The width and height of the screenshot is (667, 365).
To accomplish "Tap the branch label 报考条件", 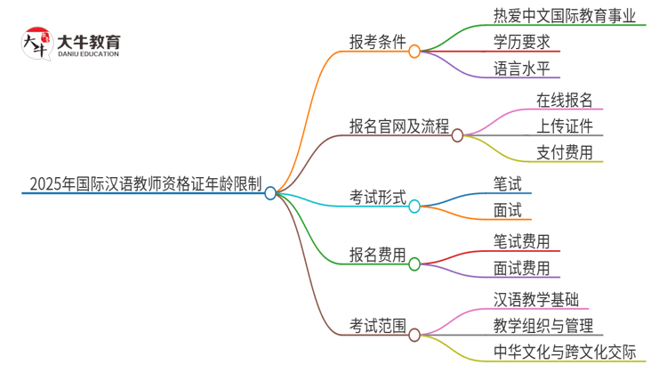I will point(379,42).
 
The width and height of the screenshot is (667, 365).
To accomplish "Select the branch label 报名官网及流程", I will point(399,126).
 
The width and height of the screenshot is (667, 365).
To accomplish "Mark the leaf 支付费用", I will point(565,151).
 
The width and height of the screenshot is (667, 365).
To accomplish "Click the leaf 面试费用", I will point(522,267).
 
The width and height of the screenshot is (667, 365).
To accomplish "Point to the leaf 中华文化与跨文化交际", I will point(565,352).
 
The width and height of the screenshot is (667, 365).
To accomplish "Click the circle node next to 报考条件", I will point(414,52).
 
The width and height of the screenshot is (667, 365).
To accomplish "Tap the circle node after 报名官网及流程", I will point(457,135).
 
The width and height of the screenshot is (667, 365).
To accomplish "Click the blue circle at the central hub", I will point(271,192).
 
